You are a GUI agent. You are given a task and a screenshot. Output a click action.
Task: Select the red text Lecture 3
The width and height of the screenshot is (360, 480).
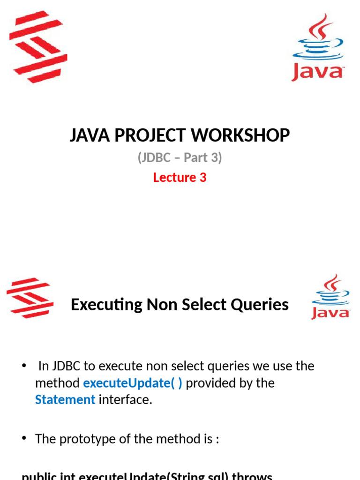180,177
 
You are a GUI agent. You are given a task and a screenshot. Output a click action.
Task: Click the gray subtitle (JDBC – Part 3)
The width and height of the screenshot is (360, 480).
180,157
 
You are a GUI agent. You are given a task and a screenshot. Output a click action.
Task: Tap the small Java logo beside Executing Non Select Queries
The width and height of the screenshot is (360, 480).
330,297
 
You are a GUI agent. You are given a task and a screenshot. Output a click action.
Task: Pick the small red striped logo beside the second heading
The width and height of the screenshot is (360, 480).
30,297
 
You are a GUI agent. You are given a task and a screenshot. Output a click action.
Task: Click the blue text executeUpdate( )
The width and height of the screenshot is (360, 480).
133,383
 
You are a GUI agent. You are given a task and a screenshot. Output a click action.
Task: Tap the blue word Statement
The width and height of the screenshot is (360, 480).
65,400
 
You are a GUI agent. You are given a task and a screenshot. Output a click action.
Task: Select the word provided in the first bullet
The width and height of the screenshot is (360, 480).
212,383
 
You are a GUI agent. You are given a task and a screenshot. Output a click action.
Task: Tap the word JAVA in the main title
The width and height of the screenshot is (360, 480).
87,135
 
